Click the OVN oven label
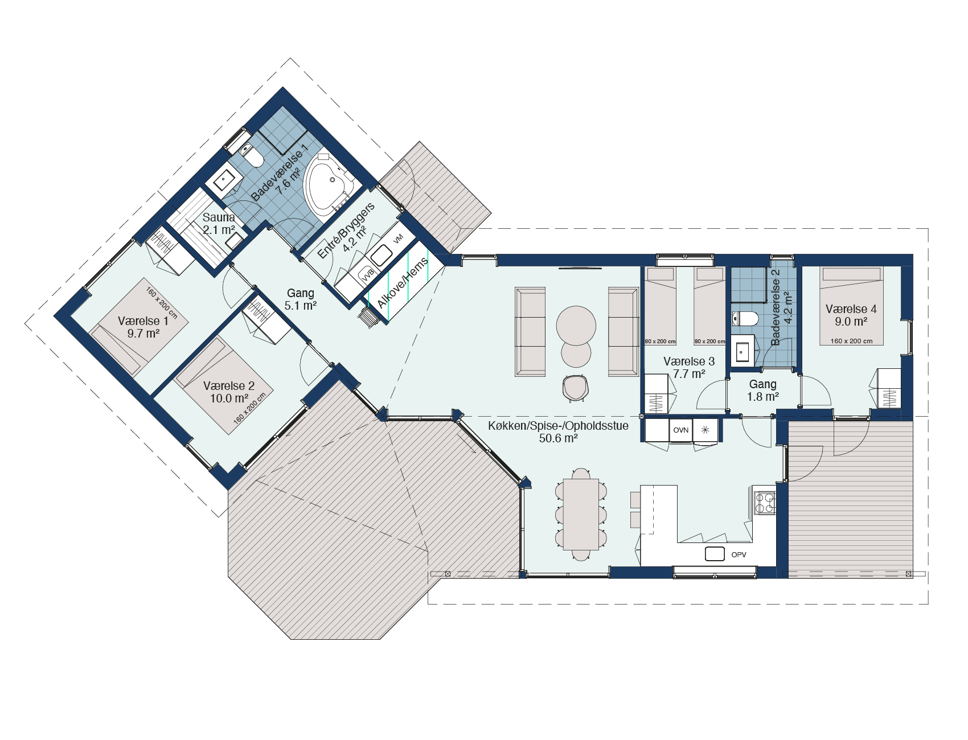(681, 430)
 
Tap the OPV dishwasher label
(739, 554)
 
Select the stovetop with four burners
(765, 503)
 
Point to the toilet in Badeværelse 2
(744, 319)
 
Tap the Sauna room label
(219, 217)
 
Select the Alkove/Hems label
(403, 283)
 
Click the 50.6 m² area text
(558, 438)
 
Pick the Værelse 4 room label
(851, 309)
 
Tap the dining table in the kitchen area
(581, 515)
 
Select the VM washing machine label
(398, 239)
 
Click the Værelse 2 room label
(229, 386)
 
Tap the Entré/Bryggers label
(346, 231)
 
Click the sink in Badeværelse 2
(741, 351)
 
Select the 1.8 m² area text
(763, 397)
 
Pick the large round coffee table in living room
(576, 326)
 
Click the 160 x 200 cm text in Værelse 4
(851, 341)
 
